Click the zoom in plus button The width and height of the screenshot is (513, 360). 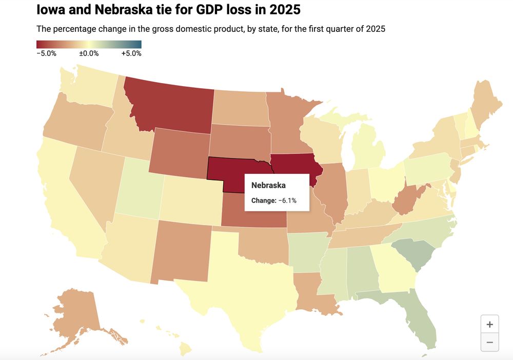pos(489,324)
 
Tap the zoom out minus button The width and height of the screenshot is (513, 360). pos(489,342)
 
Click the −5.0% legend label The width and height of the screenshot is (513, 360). pos(47,53)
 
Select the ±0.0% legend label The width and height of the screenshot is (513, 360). pos(89,53)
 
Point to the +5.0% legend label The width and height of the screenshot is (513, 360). pos(131,53)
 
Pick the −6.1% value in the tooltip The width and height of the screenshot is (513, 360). pos(287,201)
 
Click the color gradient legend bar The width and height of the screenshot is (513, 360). pos(89,44)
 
